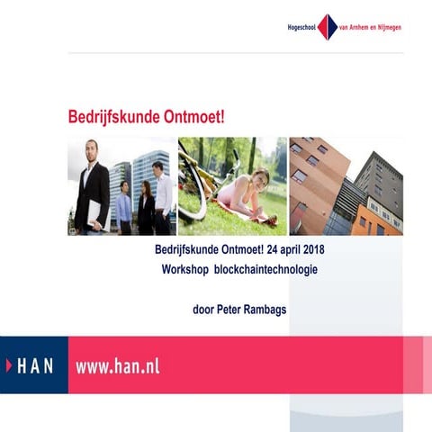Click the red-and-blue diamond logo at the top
pos(327,27)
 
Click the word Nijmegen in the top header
pos(386,27)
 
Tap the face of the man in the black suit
pos(91,149)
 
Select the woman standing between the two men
pos(145,208)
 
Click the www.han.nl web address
pos(117,365)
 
